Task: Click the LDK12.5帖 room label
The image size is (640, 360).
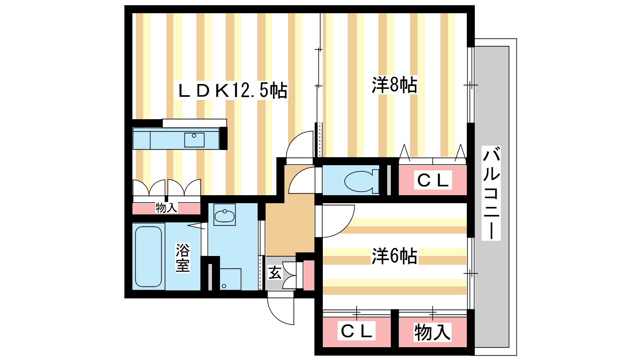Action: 232,91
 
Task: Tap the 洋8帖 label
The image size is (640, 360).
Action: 394,85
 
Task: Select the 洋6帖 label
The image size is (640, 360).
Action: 394,256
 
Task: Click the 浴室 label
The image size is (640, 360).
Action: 182,258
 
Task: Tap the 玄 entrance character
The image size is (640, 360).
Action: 275,273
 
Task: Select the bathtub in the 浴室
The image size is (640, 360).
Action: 148,256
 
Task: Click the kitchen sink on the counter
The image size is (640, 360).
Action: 194,140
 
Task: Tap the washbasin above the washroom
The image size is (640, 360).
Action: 224,215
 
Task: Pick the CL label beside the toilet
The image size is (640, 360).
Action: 432,180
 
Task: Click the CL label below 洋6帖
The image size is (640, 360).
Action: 356,331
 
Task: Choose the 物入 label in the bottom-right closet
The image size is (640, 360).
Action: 432,332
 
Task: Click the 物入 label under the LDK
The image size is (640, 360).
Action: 166,208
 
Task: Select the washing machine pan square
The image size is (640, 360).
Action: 230,279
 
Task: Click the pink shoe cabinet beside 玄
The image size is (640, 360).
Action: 309,275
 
